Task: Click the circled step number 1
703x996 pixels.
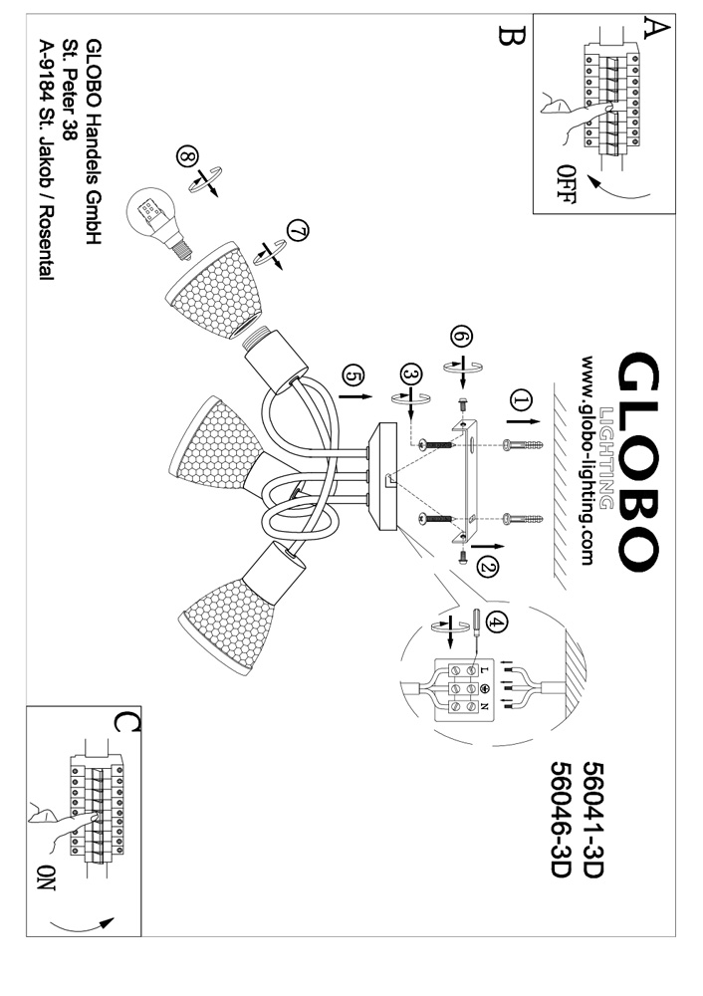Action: click(x=520, y=400)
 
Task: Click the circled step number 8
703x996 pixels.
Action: click(x=187, y=156)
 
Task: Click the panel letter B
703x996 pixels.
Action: click(x=511, y=38)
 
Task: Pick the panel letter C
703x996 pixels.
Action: click(x=125, y=723)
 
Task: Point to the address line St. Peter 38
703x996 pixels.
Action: click(x=70, y=92)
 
